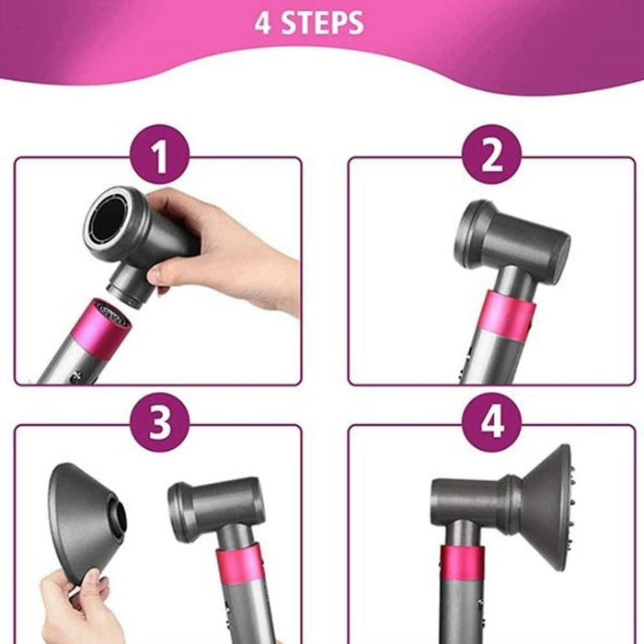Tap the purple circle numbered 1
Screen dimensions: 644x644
pyautogui.click(x=159, y=157)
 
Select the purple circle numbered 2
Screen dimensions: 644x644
pyautogui.click(x=492, y=157)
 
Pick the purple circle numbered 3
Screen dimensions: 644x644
pyautogui.click(x=159, y=424)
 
